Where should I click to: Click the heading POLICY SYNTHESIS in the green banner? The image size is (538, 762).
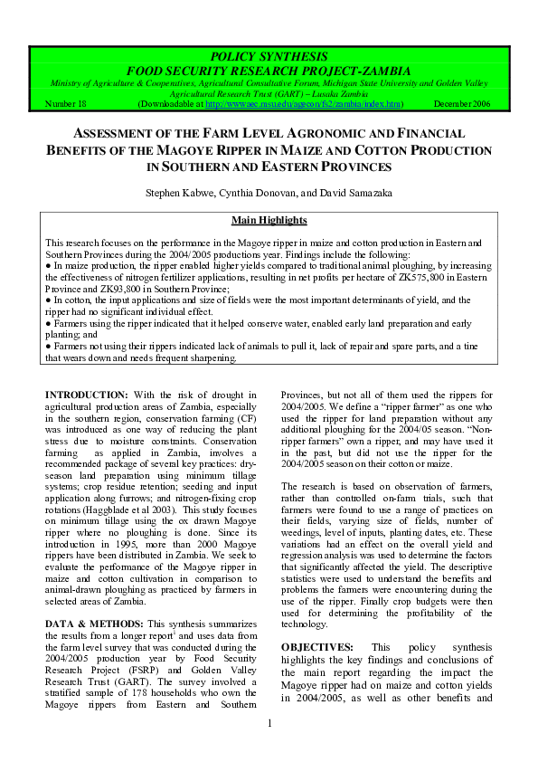(269, 57)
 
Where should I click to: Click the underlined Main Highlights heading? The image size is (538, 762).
(269, 220)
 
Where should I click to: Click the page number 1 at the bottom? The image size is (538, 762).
(269, 747)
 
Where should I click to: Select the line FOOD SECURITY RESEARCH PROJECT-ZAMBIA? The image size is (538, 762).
(269, 71)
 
